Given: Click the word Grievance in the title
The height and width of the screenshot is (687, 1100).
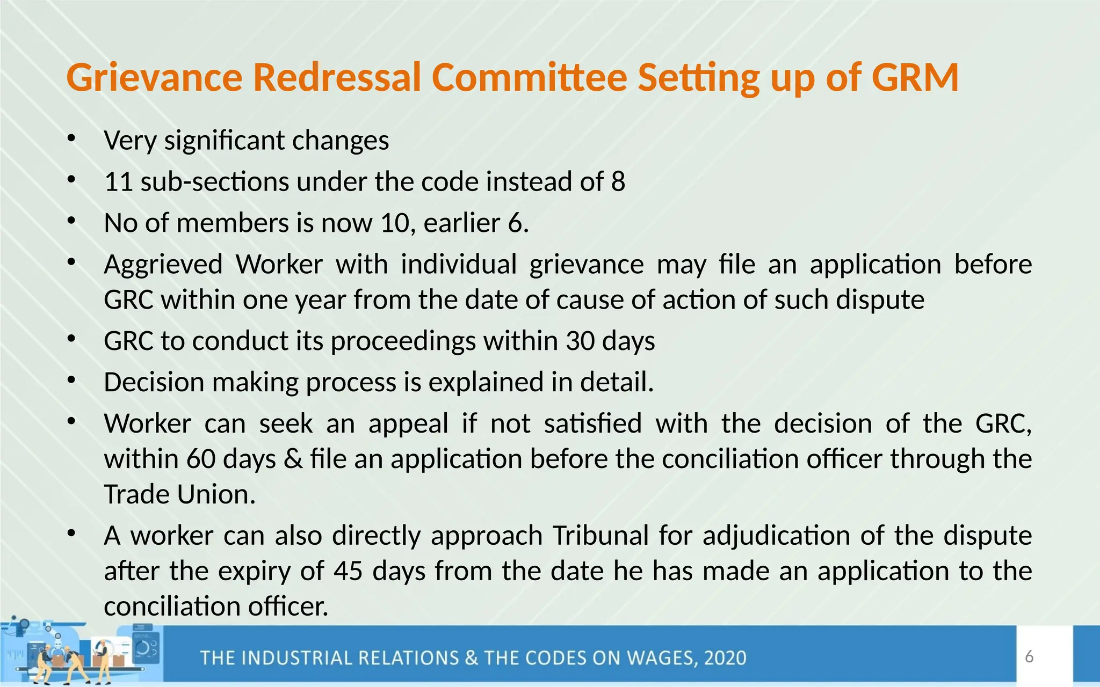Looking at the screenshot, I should click(154, 78).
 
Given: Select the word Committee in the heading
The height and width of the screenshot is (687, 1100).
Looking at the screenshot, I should click(529, 78).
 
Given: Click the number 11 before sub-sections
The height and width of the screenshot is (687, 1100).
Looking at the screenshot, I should click(119, 182).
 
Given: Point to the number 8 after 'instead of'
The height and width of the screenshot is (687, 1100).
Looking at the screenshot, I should click(618, 182).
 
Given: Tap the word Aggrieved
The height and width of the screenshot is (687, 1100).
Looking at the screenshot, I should click(163, 265).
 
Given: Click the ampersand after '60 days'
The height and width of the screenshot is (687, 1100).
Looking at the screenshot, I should click(293, 459).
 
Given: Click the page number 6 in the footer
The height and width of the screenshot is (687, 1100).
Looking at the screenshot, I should click(1029, 656).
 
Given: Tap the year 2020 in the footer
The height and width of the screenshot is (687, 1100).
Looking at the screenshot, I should click(725, 658).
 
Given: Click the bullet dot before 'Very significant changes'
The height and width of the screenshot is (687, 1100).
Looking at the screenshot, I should click(71, 140).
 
